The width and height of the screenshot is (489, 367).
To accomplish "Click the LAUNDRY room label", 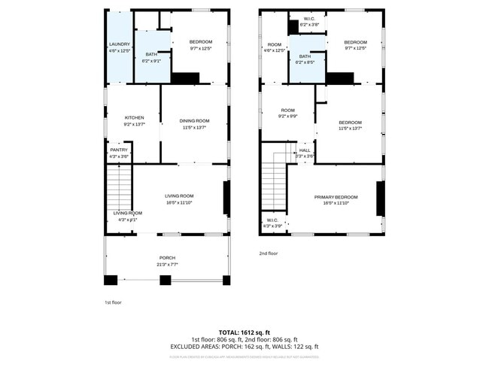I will click(120, 44).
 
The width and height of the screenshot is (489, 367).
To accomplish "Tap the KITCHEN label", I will click(134, 118).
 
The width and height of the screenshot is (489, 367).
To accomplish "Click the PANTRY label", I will click(119, 150).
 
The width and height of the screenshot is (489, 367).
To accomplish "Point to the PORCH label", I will click(167, 258).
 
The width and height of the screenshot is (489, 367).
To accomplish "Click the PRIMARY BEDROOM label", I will click(336, 197).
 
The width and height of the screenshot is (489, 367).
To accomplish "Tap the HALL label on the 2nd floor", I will click(305, 150).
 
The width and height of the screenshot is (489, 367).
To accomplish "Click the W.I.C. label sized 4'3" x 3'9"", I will click(272, 221).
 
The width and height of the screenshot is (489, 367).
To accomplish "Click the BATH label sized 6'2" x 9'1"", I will click(150, 55).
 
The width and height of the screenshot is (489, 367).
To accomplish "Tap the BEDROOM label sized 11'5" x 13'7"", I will click(350, 123).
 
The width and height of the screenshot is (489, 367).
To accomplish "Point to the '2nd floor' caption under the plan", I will click(269, 253).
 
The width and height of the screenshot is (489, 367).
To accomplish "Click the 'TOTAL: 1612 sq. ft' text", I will click(244, 332).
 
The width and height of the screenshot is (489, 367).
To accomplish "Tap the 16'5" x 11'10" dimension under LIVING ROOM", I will click(179, 202).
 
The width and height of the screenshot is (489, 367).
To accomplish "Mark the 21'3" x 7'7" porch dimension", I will click(167, 264).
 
